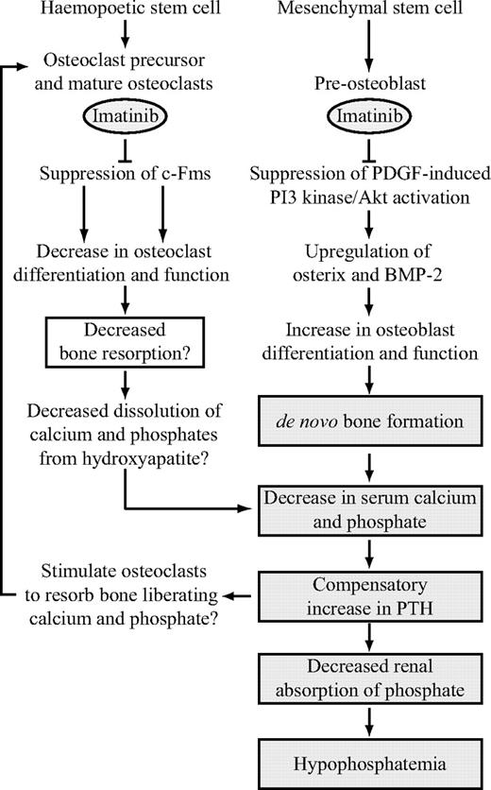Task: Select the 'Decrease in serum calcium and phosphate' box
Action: (x=369, y=507)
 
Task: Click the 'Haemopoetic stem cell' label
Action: (x=125, y=12)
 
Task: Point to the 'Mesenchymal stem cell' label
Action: (x=369, y=12)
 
